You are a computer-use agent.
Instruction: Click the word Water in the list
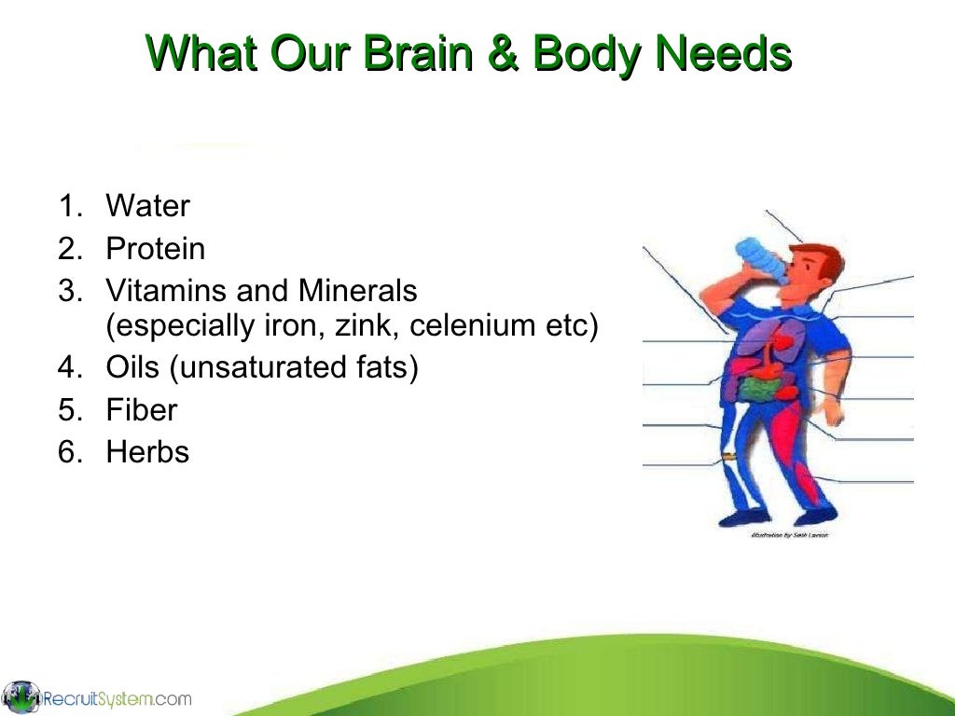pos(147,206)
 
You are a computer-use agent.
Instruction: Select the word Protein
pos(156,249)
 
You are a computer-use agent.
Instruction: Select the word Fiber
pos(142,410)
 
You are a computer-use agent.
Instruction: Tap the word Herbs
pos(147,452)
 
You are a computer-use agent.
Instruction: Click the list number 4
pos(67,367)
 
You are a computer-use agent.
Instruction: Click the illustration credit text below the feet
pos(788,534)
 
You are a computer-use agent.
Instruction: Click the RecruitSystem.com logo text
pos(117,698)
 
